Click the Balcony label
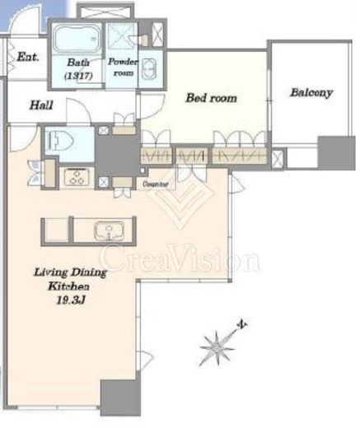311,93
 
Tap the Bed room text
211,98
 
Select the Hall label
41,105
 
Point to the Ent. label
28,57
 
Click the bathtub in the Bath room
77,39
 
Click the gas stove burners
77,177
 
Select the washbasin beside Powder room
149,68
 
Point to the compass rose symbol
217,348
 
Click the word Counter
156,184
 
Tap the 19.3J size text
71,300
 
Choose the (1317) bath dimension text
78,75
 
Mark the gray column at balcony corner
336,153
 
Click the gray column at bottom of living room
120,398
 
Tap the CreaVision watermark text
180,258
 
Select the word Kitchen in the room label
68,286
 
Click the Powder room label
123,67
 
